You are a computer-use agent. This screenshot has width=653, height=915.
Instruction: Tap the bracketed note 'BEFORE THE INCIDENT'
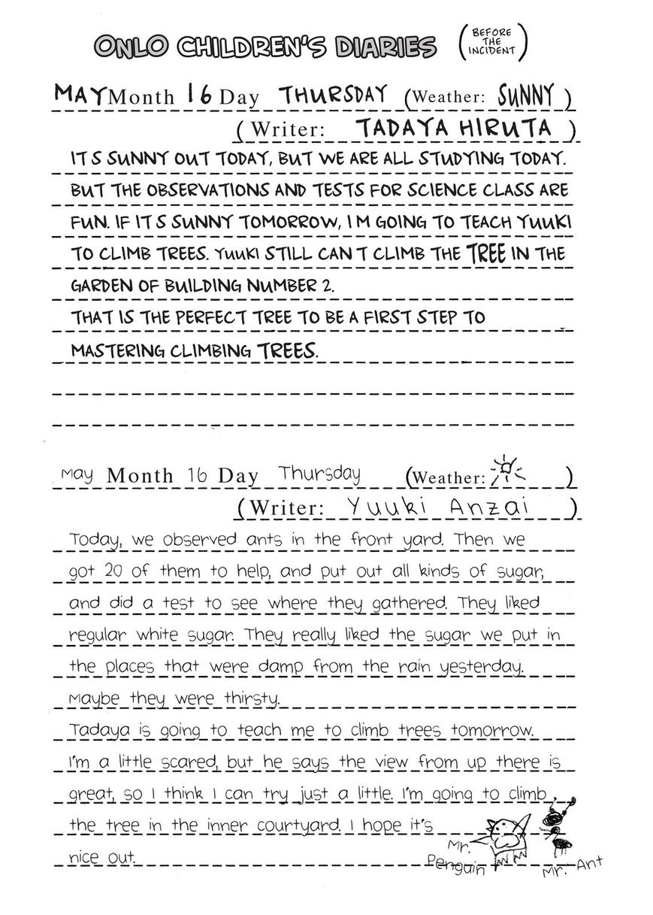492,42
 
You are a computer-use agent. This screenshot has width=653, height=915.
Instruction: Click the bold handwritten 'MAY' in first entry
81,95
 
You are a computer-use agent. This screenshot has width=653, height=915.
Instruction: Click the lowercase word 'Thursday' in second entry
319,474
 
